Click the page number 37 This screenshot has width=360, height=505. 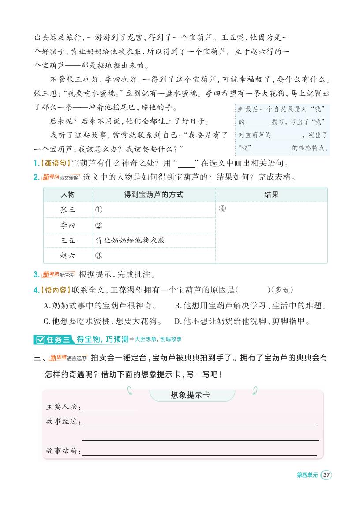326,475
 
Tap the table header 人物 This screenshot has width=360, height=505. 67,195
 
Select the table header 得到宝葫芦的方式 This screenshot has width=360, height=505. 153,195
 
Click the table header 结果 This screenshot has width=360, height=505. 271,195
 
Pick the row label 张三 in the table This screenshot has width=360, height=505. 67,210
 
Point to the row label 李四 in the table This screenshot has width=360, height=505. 67,225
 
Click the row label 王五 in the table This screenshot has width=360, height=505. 67,240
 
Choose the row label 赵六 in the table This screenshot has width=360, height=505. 67,255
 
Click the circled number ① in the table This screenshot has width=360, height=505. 99,210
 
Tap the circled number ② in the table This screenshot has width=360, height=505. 99,225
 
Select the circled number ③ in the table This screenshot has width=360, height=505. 99,256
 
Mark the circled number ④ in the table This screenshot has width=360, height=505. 222,209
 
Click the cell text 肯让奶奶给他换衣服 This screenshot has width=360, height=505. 131,240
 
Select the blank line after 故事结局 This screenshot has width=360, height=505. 199,452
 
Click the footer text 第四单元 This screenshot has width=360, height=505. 307,475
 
